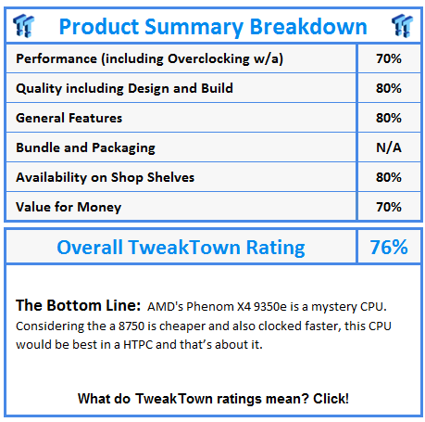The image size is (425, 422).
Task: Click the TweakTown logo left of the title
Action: point(23,26)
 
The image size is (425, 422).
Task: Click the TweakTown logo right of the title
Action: point(402,26)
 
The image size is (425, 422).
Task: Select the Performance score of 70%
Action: point(389,58)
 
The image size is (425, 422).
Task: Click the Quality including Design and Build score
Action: point(389,88)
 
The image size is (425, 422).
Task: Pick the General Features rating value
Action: point(389,118)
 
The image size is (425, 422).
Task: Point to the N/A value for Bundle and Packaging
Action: point(389,147)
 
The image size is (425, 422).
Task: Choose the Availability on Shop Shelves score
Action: point(389,177)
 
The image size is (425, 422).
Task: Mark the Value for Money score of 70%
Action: point(389,207)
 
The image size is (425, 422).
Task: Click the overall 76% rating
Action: point(389,248)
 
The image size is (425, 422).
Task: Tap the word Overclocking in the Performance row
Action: point(208,59)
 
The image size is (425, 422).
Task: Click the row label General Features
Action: point(69,118)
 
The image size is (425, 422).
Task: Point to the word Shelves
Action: point(170,177)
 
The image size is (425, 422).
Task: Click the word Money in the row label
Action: point(99,208)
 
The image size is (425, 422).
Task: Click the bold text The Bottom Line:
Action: point(78,305)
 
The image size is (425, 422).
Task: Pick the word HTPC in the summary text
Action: point(138,345)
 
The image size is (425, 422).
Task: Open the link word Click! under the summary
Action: point(331,399)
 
